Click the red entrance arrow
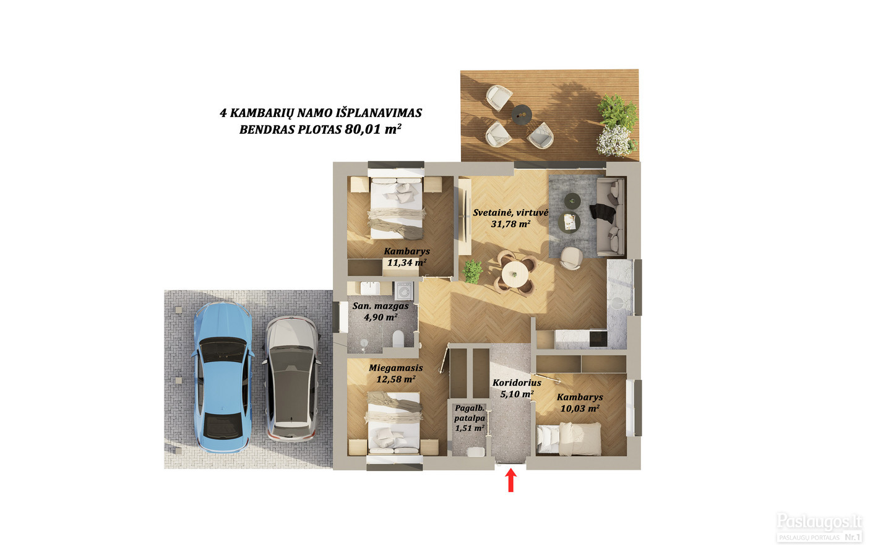[510, 480]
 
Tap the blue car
[222, 378]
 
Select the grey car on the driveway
[291, 378]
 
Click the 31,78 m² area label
[510, 224]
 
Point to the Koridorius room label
[517, 382]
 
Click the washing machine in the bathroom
[403, 291]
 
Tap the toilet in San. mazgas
[398, 338]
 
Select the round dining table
[514, 273]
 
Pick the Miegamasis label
[395, 368]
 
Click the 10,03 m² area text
[580, 408]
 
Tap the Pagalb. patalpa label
[470, 413]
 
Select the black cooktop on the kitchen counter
[598, 339]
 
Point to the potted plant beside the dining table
[472, 271]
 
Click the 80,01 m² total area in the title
[372, 129]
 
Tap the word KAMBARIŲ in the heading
[262, 113]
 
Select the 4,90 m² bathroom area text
[380, 317]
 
